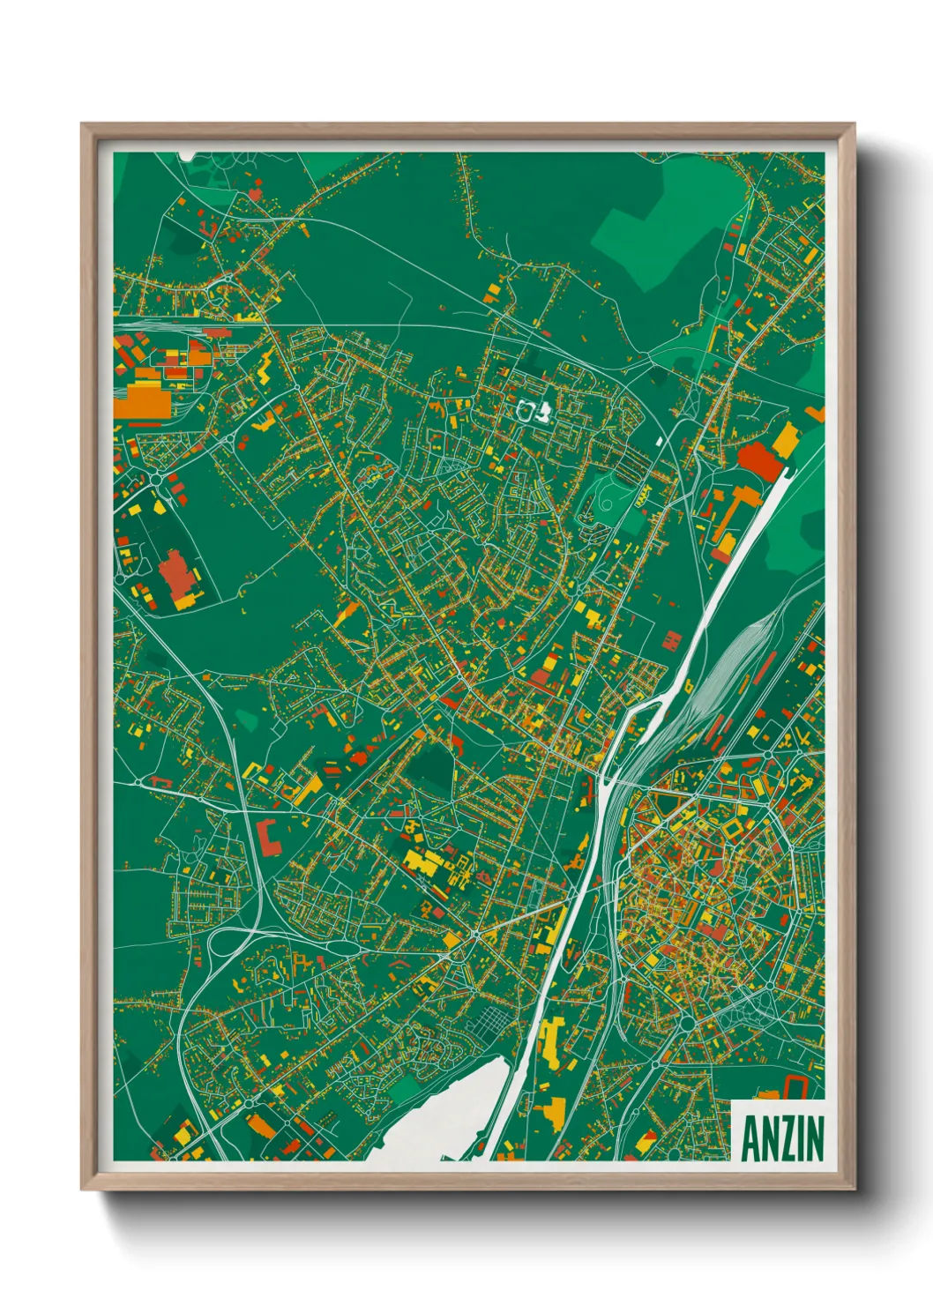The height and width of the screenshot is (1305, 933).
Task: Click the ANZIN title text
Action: tap(782, 1138)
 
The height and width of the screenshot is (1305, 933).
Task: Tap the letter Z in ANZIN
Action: tap(785, 1138)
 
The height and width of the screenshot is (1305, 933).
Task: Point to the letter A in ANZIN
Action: tap(750, 1138)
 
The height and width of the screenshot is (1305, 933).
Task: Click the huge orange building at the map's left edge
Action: tap(141, 400)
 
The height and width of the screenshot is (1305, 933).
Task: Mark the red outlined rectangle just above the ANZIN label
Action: tap(796, 1086)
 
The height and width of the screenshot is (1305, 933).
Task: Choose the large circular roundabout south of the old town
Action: tap(687, 1023)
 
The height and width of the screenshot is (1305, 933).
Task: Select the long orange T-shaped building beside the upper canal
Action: tap(728, 524)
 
